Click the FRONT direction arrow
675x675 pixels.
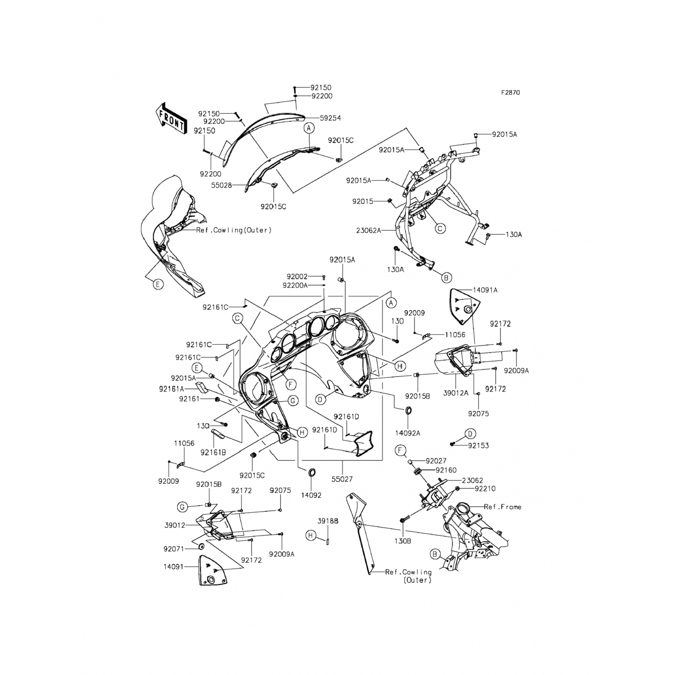[171, 118]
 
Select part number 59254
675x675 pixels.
[330, 118]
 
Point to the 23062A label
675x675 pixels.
[369, 230]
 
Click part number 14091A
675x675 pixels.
[485, 290]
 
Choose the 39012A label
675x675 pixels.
[456, 393]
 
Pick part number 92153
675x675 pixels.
[478, 445]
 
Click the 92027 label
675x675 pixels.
[436, 461]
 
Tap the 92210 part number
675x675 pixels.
[485, 489]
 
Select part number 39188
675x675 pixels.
[328, 521]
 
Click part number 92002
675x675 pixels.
[297, 277]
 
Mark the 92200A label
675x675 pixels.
[295, 285]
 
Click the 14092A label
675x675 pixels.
[408, 433]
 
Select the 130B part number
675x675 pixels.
[403, 541]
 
